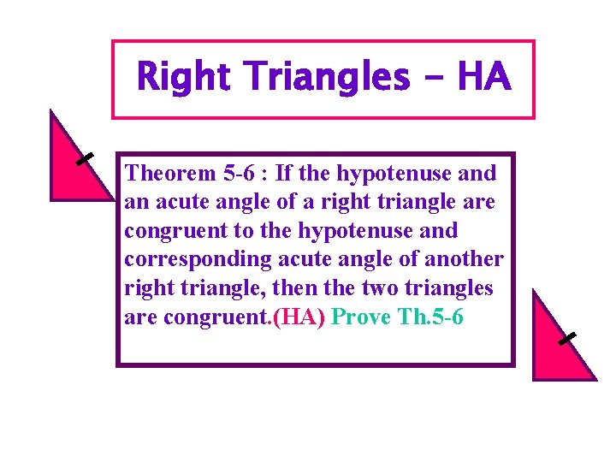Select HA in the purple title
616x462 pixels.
[484, 78]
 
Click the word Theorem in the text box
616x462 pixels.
[169, 174]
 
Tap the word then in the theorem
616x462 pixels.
[292, 288]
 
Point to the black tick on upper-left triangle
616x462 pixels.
[84, 159]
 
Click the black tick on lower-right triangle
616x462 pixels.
[566, 339]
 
